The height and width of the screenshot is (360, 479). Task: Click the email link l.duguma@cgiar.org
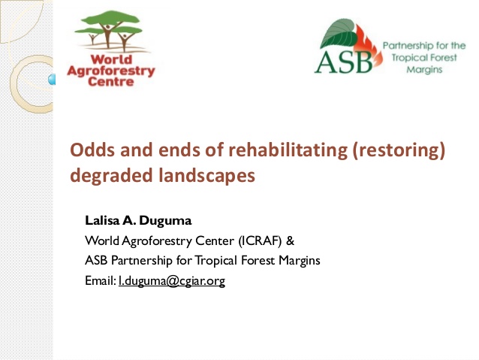coord(172,280)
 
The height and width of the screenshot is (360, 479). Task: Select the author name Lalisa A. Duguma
coord(138,220)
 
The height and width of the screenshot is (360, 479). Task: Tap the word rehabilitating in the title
coord(288,150)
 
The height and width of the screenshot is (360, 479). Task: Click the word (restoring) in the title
coord(399,150)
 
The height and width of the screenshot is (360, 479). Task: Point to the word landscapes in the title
coord(206,176)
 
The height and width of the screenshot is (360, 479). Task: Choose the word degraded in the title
coord(112,176)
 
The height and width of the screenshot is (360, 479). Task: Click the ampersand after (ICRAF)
coord(291,241)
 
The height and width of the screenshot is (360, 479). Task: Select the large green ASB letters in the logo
coord(344,62)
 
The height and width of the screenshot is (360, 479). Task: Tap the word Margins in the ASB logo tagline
coord(425,69)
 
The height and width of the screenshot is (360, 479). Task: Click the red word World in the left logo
coord(111,59)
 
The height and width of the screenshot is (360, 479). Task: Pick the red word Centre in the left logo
coord(111,82)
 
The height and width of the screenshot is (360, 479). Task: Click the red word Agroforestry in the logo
coord(111,71)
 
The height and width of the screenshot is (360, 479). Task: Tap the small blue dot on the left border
coord(52,80)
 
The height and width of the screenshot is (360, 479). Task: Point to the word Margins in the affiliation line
coord(300,261)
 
